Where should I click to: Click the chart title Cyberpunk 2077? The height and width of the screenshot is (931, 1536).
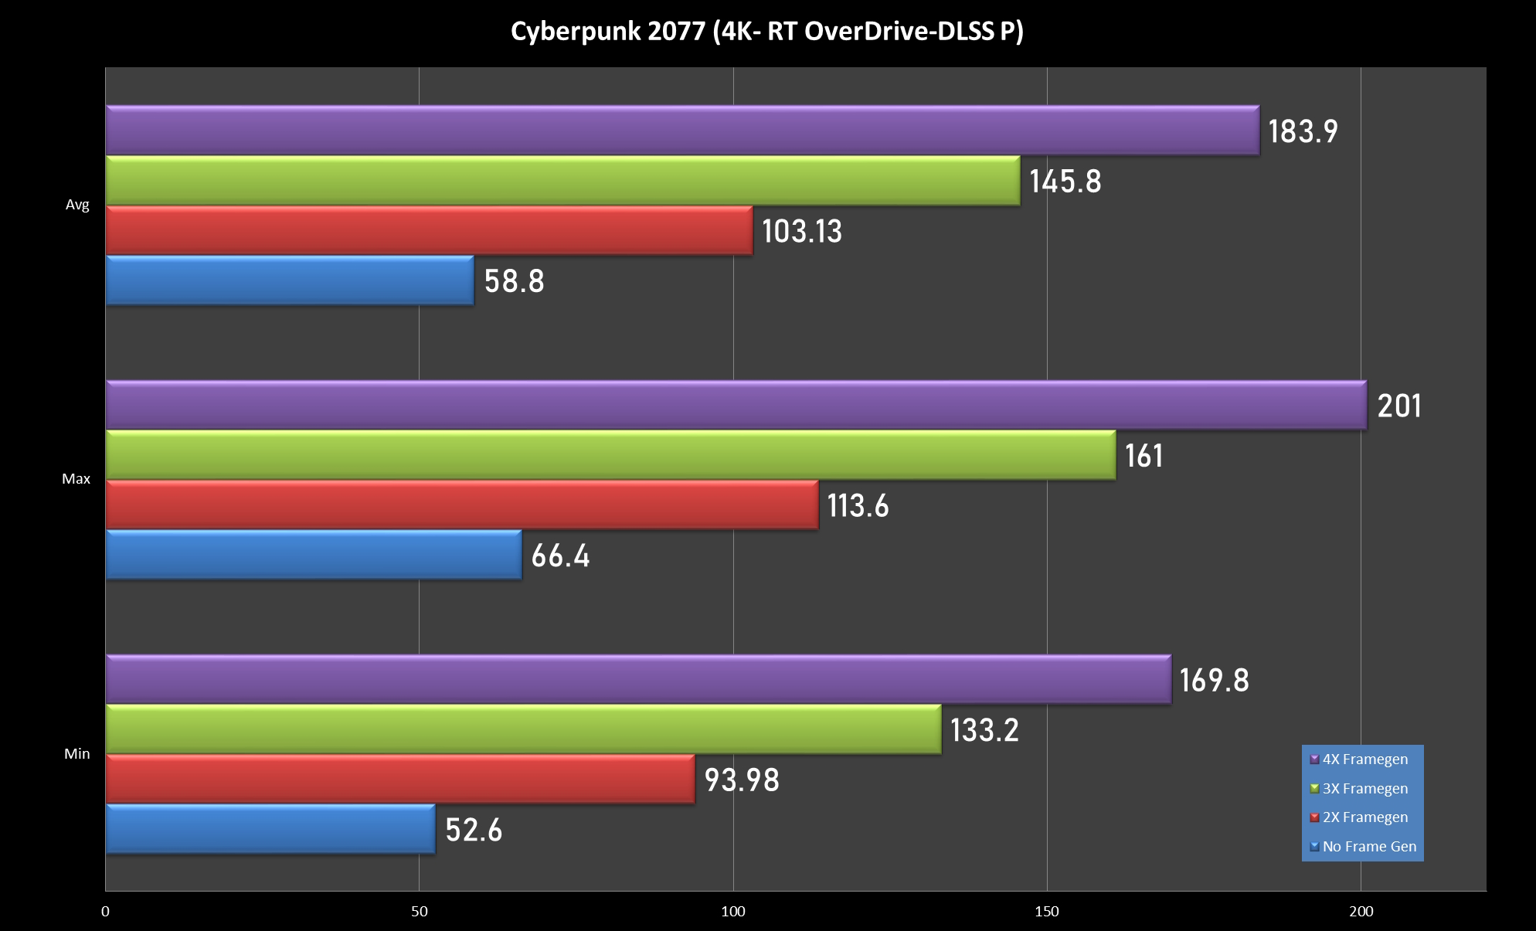click(766, 32)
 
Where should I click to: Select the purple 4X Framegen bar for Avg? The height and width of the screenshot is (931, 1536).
click(682, 130)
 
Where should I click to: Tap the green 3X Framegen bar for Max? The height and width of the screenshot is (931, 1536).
click(610, 455)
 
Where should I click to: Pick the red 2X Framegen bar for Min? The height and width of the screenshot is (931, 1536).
click(400, 779)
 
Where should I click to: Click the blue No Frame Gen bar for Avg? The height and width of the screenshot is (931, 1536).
click(290, 280)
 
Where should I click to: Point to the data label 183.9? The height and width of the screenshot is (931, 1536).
click(1303, 131)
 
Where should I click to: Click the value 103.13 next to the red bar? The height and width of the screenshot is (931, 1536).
click(802, 231)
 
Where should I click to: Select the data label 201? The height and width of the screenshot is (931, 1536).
click(1398, 406)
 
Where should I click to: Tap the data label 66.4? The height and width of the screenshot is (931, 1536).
click(560, 556)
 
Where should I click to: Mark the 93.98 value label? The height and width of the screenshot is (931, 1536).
click(742, 780)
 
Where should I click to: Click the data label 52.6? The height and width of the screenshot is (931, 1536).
click(474, 830)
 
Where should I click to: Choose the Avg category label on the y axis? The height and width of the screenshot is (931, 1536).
click(77, 205)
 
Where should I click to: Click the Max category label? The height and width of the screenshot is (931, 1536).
click(76, 479)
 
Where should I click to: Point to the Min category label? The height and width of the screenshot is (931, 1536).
click(77, 754)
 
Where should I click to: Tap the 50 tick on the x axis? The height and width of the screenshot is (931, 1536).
click(420, 912)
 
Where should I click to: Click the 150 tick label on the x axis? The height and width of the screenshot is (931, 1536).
click(1047, 912)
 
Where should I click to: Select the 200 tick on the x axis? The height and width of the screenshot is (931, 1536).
click(1361, 912)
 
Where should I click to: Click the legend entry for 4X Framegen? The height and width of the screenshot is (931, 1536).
click(1364, 759)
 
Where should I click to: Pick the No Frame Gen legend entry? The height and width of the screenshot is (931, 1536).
click(1369, 847)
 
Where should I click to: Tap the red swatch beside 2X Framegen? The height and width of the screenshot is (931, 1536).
click(1314, 817)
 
